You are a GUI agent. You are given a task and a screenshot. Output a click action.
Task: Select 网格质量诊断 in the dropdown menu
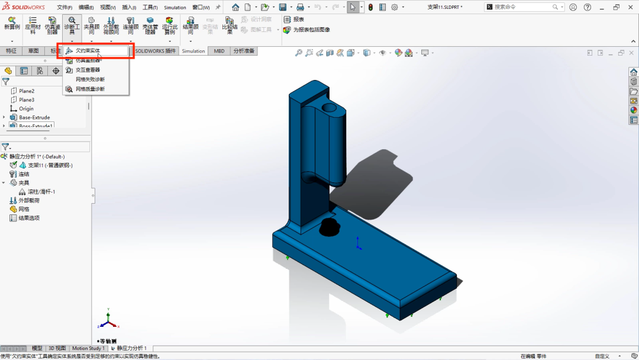[x=89, y=89]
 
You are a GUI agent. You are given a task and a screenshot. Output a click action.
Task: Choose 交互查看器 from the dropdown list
[x=88, y=70]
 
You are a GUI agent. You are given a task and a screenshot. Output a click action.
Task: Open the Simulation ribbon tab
[x=193, y=51]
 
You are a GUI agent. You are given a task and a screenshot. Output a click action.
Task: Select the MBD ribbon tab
[x=219, y=51]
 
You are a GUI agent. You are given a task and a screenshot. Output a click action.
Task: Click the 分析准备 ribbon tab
[x=243, y=51]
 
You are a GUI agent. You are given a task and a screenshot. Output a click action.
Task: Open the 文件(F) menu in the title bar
[x=64, y=8]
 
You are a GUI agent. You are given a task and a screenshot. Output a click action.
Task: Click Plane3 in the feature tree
[x=27, y=100]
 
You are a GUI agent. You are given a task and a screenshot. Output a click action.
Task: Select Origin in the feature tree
[x=26, y=109]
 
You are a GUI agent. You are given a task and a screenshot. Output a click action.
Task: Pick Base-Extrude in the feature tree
[x=34, y=117]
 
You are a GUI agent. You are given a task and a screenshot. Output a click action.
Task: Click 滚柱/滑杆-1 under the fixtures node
[x=41, y=192]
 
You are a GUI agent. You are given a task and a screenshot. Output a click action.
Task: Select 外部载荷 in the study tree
[x=30, y=201]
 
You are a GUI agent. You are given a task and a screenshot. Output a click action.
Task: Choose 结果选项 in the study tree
[x=29, y=218]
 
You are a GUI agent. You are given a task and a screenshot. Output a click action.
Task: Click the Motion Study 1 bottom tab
[x=88, y=348]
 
